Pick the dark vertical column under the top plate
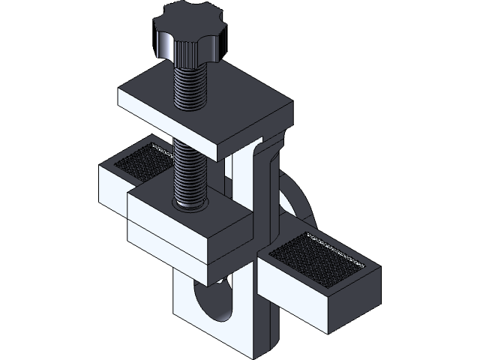(x=266, y=187)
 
